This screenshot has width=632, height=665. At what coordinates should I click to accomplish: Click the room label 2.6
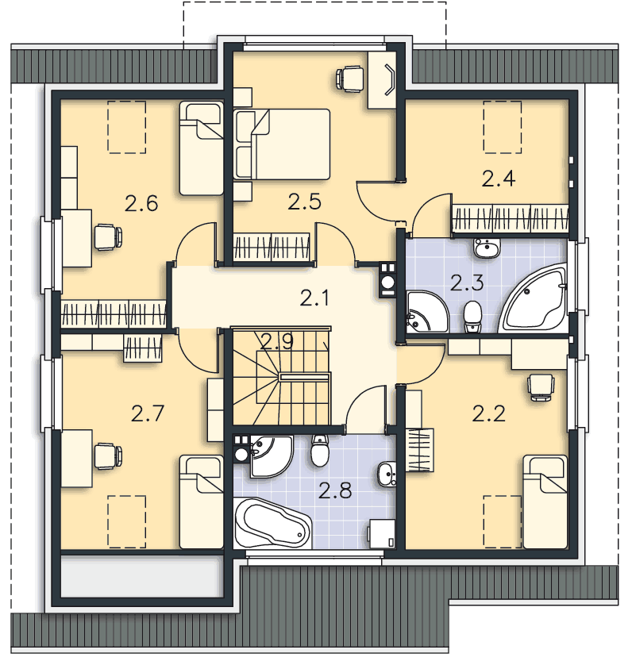pyautogui.click(x=141, y=203)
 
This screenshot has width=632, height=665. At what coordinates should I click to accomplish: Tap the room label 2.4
pyautogui.click(x=499, y=179)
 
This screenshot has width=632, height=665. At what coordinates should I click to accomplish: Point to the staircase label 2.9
pyautogui.click(x=277, y=341)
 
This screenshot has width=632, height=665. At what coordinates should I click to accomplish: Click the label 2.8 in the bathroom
pyautogui.click(x=335, y=490)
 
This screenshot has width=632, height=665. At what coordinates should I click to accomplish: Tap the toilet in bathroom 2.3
pyautogui.click(x=472, y=317)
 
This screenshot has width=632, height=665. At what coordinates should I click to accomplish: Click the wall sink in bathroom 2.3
pyautogui.click(x=487, y=248)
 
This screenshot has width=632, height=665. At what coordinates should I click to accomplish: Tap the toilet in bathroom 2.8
pyautogui.click(x=320, y=451)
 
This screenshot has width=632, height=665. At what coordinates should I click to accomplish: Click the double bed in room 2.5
pyautogui.click(x=282, y=144)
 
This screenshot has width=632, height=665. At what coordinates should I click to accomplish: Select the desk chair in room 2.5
pyautogui.click(x=349, y=79)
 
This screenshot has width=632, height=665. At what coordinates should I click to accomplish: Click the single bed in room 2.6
pyautogui.click(x=201, y=148)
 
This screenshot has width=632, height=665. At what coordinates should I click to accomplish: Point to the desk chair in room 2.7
pyautogui.click(x=108, y=456)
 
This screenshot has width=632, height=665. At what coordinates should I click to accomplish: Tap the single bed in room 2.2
pyautogui.click(x=545, y=502)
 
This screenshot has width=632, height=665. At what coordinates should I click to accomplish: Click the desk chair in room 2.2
pyautogui.click(x=541, y=386)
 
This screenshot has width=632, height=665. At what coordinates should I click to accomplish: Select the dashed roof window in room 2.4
pyautogui.click(x=502, y=127)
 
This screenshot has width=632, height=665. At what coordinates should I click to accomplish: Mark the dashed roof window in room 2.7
pyautogui.click(x=126, y=521)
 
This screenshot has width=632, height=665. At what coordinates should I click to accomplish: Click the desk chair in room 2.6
pyautogui.click(x=108, y=237)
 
